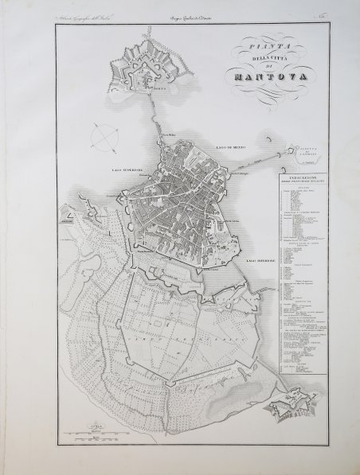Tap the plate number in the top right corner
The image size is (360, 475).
(x=335, y=18)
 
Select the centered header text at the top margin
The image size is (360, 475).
(x=200, y=18)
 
